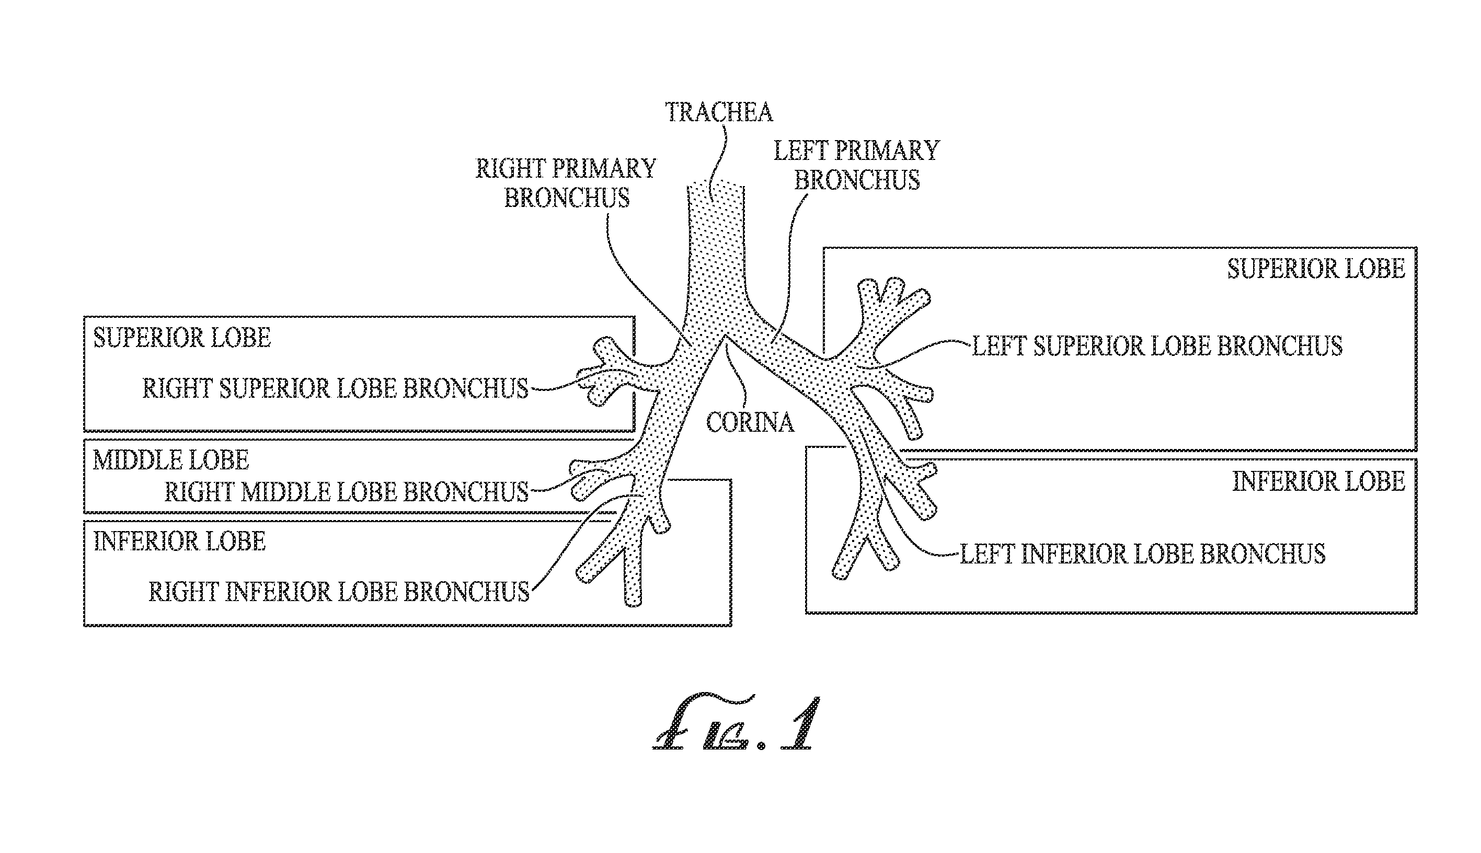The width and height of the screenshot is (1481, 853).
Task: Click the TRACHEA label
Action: [x=719, y=112]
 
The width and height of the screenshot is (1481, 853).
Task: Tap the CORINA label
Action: [x=750, y=422]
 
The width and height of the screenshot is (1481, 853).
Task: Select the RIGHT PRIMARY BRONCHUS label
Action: [x=566, y=183]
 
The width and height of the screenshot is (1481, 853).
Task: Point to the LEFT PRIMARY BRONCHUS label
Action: [x=856, y=165]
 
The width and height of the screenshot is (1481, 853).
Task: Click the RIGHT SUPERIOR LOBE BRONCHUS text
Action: [x=336, y=388]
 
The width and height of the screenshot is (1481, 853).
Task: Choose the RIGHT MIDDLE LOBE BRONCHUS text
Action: [x=347, y=492]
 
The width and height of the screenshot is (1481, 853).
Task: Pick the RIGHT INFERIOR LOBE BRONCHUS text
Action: [x=339, y=592]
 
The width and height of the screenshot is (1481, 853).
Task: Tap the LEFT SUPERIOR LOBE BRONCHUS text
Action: [x=1157, y=345]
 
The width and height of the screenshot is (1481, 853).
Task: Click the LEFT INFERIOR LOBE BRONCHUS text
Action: [x=1142, y=554]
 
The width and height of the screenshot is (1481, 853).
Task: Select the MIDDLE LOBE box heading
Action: [x=171, y=460]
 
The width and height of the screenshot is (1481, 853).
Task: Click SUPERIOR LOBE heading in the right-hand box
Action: [x=1316, y=269]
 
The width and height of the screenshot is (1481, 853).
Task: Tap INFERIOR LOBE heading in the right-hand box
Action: [x=1319, y=481]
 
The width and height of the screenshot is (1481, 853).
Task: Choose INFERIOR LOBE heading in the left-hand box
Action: [x=180, y=541]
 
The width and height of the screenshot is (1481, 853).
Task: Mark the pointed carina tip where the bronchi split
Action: [x=725, y=336]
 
